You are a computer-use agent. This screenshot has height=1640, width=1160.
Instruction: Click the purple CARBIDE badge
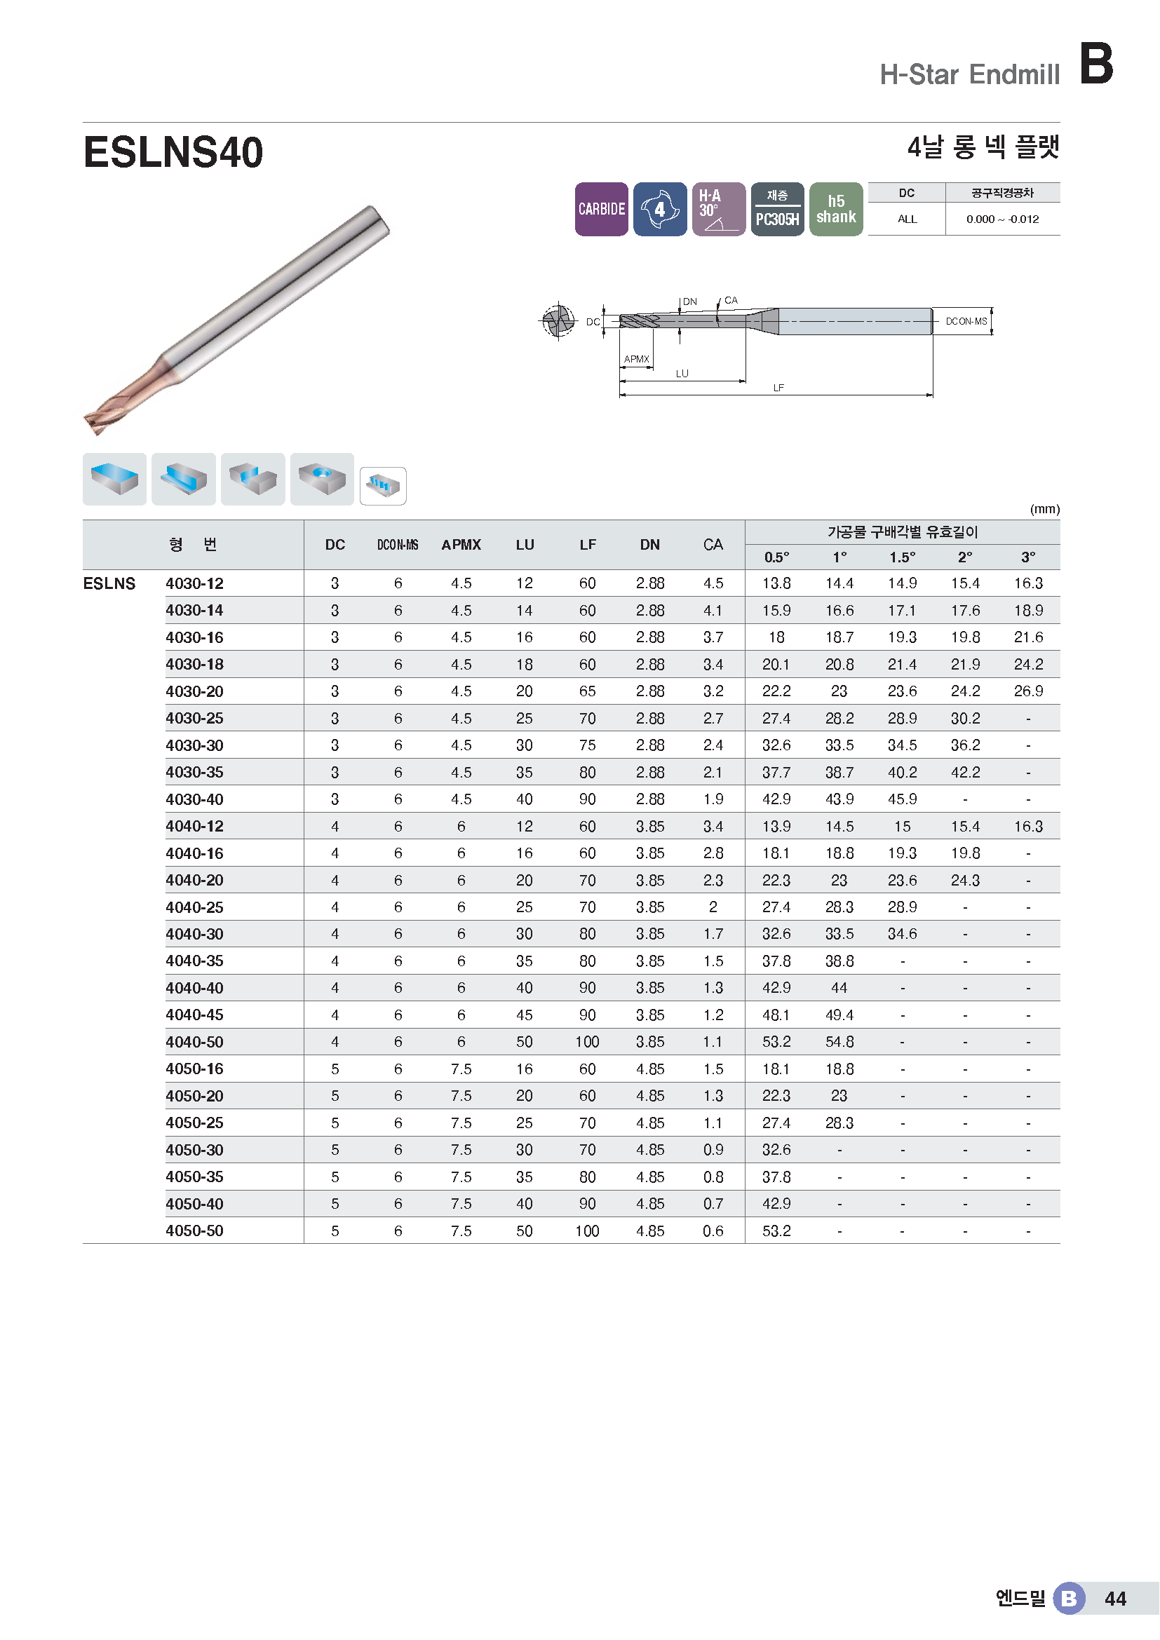point(602,209)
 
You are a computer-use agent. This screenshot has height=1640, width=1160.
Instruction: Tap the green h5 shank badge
point(836,209)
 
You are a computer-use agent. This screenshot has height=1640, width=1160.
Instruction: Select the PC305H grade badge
point(777,209)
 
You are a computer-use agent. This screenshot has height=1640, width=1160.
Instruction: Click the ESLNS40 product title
point(173,152)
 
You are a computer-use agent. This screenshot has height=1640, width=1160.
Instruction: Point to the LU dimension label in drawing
point(682,374)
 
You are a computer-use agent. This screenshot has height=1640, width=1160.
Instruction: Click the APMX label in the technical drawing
point(636,359)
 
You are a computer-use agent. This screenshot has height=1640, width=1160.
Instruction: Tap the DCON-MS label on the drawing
point(966,321)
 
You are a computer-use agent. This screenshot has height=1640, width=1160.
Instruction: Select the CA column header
point(713,545)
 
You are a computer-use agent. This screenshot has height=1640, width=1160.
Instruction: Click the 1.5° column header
point(902,557)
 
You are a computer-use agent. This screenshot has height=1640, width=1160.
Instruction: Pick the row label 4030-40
point(194,799)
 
